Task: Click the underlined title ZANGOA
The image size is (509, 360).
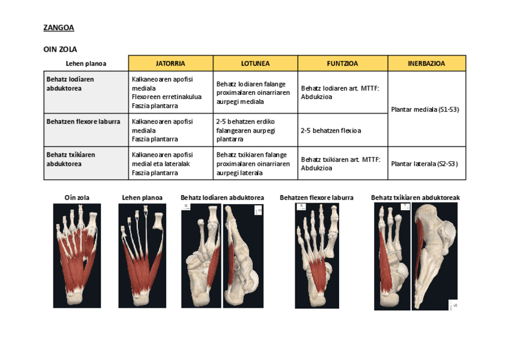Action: (59, 28)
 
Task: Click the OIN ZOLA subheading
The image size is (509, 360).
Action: (61, 49)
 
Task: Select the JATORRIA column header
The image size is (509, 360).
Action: (170, 63)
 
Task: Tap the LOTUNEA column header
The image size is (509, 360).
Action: (255, 63)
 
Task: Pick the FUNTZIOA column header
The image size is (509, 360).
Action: (342, 63)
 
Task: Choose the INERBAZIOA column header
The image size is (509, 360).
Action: (426, 63)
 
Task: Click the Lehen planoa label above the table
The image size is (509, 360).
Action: (86, 64)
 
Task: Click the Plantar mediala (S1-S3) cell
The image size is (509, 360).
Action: (424, 109)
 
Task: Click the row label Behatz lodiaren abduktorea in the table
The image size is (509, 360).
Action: (70, 83)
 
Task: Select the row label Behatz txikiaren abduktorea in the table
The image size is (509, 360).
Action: (71, 159)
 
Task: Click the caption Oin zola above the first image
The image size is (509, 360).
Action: (77, 197)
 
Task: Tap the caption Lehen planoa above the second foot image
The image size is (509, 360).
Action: (142, 197)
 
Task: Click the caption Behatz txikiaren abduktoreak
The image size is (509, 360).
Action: (415, 197)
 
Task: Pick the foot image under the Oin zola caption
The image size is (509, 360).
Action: (77, 255)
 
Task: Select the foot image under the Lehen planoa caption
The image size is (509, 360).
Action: (142, 255)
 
